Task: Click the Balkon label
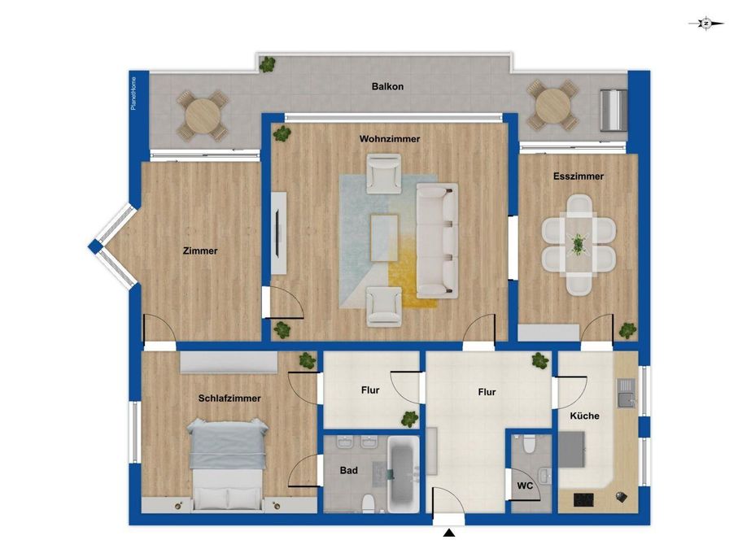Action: click(x=387, y=86)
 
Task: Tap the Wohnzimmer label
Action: click(x=390, y=139)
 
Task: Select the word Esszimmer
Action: click(x=579, y=176)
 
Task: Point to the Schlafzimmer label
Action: click(x=229, y=398)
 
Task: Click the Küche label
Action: click(x=584, y=416)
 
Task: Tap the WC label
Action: click(x=525, y=486)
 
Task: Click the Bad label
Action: click(x=349, y=470)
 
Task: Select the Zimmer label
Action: click(x=200, y=251)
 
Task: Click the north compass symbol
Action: click(x=706, y=23)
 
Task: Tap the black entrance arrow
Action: click(x=449, y=533)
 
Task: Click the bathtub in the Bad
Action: click(x=403, y=474)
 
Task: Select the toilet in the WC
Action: click(x=529, y=444)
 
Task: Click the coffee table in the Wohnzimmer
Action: click(x=384, y=237)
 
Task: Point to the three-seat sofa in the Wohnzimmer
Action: click(x=437, y=240)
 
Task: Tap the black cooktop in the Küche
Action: click(x=583, y=499)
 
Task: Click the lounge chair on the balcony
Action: click(x=614, y=110)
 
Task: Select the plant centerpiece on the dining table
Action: click(x=578, y=245)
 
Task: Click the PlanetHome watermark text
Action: click(x=133, y=94)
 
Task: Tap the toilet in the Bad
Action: click(x=368, y=503)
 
